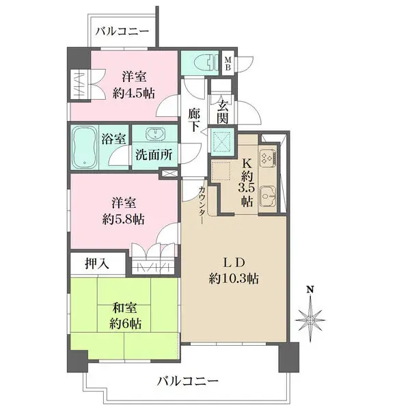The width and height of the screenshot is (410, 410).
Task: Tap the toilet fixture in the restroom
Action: tap(206, 62)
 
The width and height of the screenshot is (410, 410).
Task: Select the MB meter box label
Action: tap(228, 64)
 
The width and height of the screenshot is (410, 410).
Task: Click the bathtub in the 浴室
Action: tap(84, 148)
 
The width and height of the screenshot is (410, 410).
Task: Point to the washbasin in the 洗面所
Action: tap(155, 134)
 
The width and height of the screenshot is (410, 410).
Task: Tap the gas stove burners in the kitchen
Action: tap(267, 158)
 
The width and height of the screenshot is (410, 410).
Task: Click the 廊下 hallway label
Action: tap(195, 120)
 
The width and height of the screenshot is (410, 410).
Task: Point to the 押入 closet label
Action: tap(97, 264)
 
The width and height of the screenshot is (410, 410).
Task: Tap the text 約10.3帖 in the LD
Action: tap(234, 279)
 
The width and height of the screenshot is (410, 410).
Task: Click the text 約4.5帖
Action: tap(134, 93)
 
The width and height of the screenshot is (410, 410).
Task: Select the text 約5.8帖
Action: tap(123, 219)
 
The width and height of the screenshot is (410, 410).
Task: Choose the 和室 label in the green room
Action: tap(124, 308)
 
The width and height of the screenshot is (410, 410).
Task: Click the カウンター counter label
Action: tap(202, 205)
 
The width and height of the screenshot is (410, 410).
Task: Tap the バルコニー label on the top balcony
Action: tap(122, 31)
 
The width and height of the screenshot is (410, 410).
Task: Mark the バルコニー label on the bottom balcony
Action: tap(188, 381)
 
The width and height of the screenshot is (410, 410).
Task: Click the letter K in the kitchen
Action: tap(247, 164)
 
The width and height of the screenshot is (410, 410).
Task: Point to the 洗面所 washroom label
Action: tap(154, 155)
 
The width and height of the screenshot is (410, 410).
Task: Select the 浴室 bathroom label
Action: tap(113, 139)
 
